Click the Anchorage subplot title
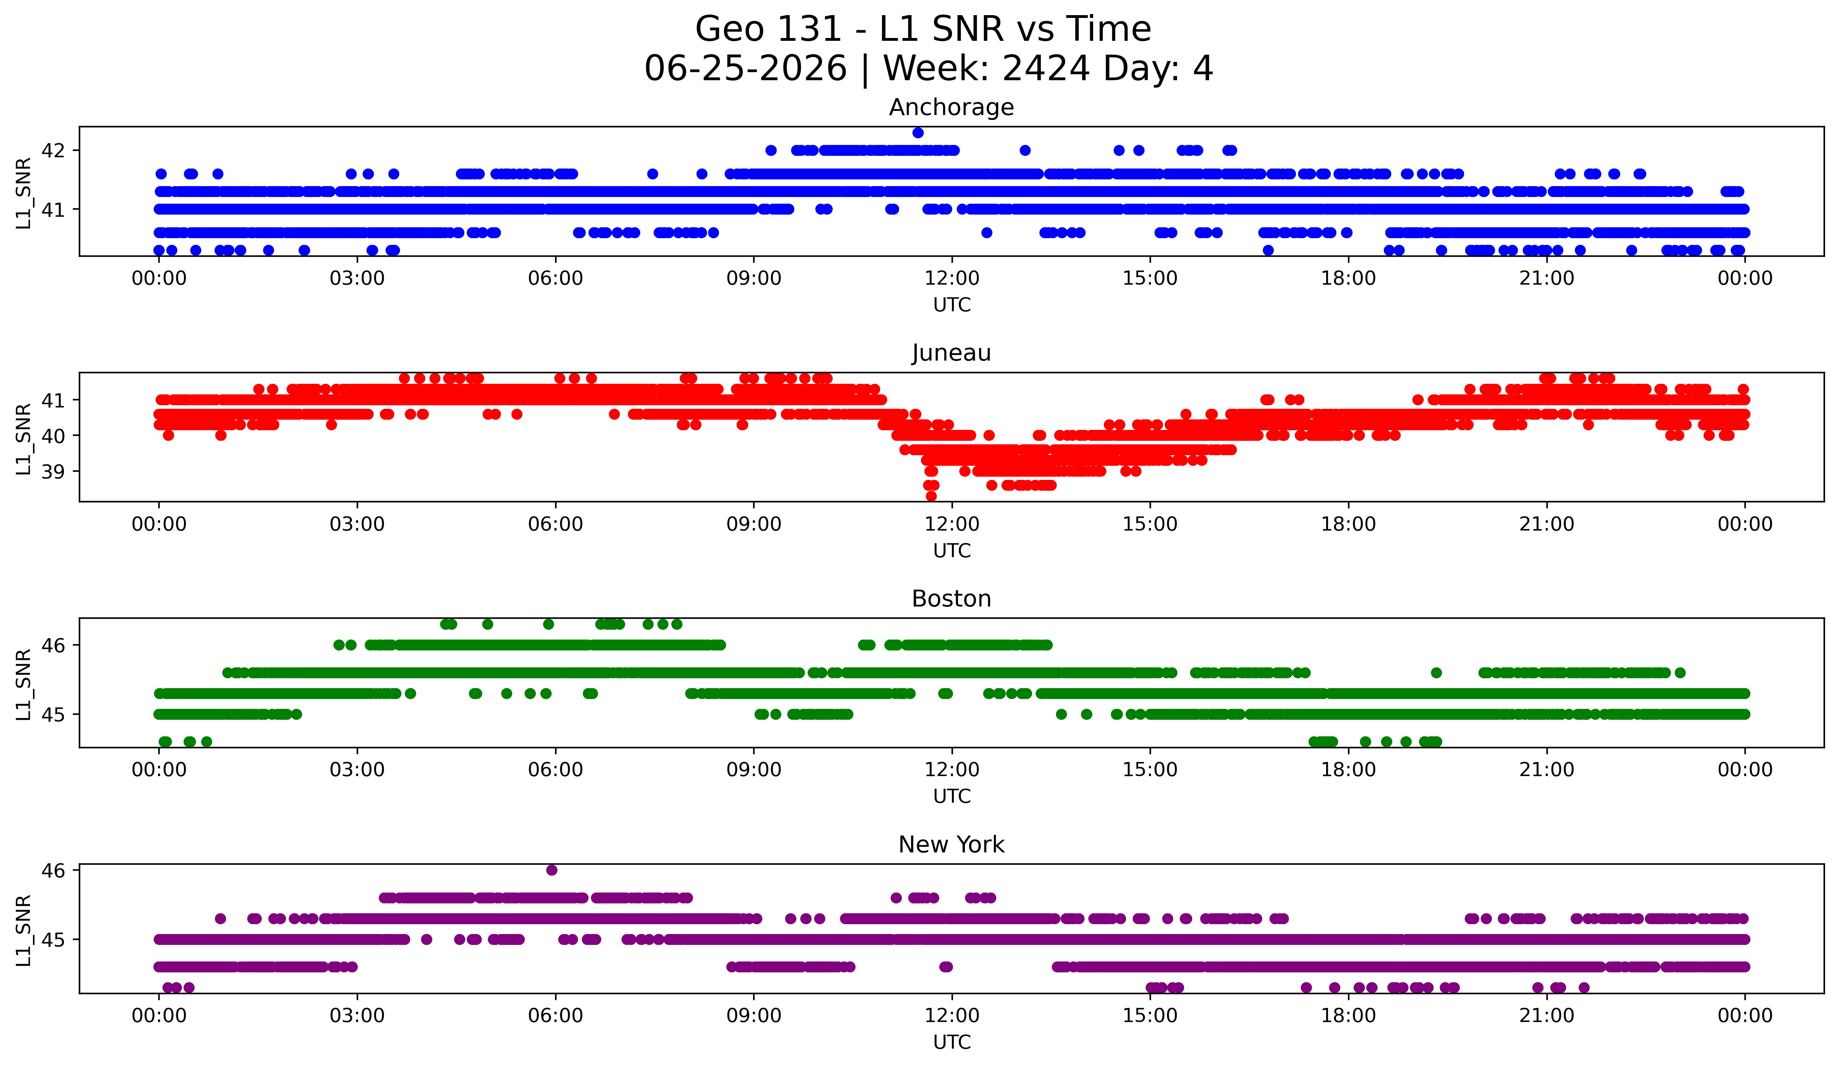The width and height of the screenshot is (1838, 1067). pos(951,107)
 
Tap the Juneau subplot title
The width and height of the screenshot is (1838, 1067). pos(951,353)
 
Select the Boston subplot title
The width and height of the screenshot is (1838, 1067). pos(951,599)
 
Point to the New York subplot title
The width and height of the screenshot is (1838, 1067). pos(951,845)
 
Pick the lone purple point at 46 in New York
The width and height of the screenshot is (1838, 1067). pos(552,870)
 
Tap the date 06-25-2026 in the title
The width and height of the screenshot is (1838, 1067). pos(745,69)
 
